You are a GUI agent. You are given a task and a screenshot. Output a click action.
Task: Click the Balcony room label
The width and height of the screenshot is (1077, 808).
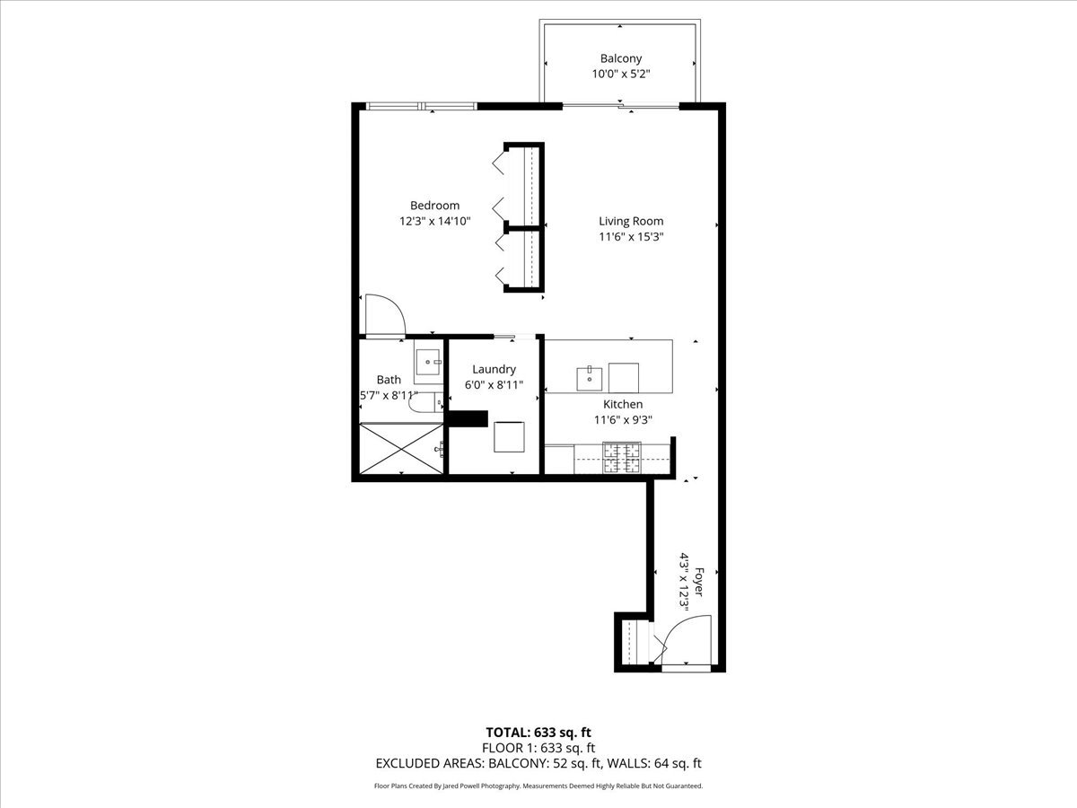[621, 58]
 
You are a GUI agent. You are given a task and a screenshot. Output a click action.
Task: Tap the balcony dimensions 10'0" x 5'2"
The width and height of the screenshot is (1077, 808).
[621, 75]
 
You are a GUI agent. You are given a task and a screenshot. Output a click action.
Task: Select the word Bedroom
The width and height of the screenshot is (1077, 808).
[434, 206]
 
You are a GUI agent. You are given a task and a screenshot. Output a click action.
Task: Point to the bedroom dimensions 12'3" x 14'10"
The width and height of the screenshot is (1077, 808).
[434, 221]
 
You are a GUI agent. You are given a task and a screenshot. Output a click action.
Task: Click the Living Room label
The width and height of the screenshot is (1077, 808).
[631, 221]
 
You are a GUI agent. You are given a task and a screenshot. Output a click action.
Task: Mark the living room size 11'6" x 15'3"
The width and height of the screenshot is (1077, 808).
[631, 237]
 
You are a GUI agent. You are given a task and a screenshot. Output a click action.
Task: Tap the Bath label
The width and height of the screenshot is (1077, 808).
[389, 380]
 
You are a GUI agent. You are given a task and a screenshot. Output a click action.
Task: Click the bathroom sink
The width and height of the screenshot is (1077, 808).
[428, 364]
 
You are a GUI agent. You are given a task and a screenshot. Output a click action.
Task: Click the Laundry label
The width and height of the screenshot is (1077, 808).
[494, 369]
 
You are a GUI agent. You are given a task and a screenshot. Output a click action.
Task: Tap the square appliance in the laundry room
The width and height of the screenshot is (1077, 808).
[509, 437]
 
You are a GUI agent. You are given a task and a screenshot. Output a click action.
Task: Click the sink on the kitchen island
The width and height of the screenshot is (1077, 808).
[590, 376]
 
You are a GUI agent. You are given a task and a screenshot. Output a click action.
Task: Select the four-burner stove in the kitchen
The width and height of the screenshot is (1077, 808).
[621, 458]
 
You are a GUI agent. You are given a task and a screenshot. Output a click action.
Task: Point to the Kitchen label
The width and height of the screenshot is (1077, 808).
[622, 404]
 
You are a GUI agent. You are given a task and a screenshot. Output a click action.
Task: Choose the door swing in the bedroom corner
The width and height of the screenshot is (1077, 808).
[383, 315]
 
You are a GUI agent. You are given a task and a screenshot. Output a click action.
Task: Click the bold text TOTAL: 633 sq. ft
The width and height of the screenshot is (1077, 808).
[538, 732]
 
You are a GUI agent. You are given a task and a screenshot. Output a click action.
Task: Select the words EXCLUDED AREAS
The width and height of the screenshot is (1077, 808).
[429, 764]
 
